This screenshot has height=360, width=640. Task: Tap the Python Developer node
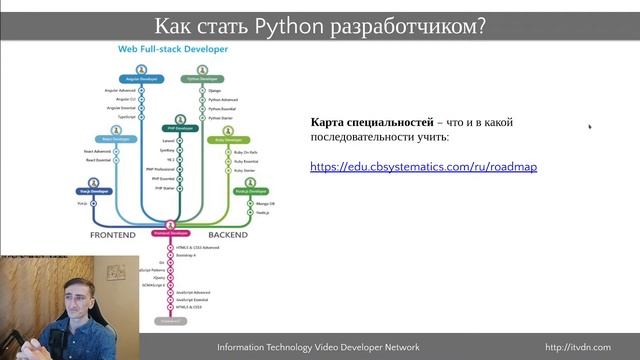[x=202, y=78]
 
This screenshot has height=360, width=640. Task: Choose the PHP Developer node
[x=178, y=129]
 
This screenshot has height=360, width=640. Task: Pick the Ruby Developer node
[x=233, y=141]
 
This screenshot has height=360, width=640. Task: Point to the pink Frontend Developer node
[x=170, y=232]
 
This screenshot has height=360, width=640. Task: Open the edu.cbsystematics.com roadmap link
[x=423, y=166]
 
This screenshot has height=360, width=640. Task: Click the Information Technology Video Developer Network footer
[x=318, y=347]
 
